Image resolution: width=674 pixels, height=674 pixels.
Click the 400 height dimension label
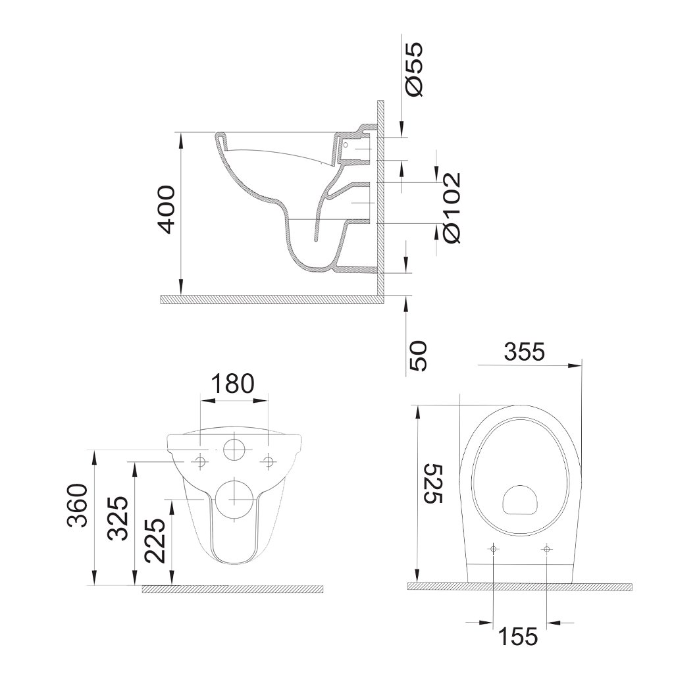coord(167,210)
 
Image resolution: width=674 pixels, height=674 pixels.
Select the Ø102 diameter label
coord(452,208)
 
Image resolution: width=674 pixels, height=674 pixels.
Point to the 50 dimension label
coord(417,356)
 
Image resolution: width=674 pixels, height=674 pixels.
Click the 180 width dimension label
coord(233,384)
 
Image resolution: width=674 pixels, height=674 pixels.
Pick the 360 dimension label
coord(78,505)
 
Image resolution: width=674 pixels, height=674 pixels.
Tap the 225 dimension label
coord(155,541)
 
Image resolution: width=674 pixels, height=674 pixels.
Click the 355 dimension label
coord(525,352)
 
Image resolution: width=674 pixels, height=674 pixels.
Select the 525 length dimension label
coord(432,484)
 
